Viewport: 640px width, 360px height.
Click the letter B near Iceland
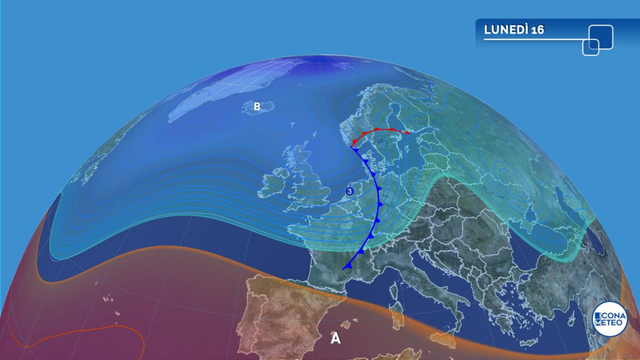(257, 107)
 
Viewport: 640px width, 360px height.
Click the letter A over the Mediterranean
(336, 339)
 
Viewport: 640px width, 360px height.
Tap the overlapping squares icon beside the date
(597, 39)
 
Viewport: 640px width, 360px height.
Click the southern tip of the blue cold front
(344, 269)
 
